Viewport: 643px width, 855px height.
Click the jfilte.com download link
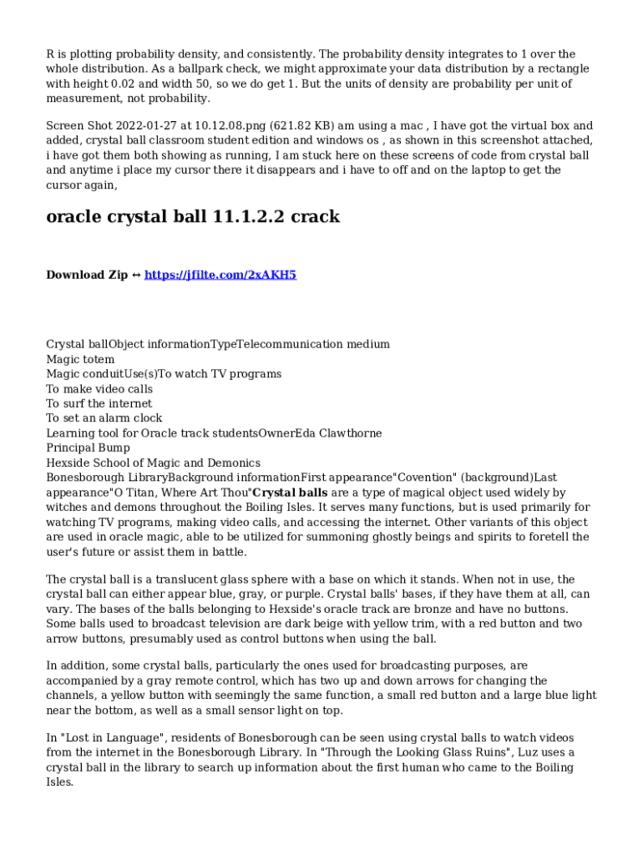pos(220,275)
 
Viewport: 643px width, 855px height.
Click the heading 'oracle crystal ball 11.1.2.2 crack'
pos(193,217)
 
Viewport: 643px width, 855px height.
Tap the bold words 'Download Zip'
pos(87,275)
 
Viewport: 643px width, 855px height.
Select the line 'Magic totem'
pos(80,359)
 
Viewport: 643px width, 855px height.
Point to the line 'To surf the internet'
pos(99,403)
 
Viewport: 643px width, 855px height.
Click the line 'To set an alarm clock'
pos(104,418)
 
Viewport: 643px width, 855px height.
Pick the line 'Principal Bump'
pos(89,448)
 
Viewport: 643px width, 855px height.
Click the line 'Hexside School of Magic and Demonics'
pos(153,463)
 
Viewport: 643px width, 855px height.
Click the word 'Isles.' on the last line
pos(60,782)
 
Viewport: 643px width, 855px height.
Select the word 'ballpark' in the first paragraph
pos(309,69)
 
